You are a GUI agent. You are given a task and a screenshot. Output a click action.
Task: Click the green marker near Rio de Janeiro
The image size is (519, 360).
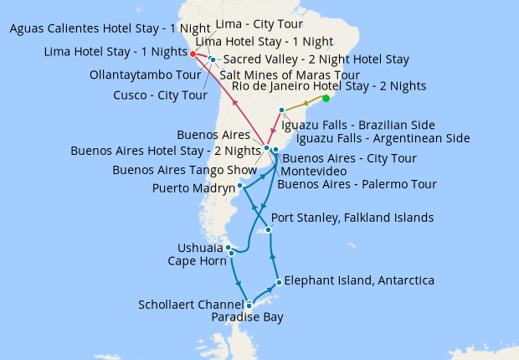(326, 99)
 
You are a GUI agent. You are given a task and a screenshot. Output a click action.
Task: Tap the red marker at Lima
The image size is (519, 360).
(193, 54)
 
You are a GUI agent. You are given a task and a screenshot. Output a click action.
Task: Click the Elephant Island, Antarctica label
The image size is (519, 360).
(359, 280)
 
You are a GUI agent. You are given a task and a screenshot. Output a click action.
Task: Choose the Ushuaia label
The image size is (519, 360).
(200, 248)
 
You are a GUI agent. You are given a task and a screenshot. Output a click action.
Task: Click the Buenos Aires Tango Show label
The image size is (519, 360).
(185, 170)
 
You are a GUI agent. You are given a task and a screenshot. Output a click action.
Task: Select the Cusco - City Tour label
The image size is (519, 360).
(160, 95)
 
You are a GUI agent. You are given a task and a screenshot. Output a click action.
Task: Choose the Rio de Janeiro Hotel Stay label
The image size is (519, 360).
(329, 86)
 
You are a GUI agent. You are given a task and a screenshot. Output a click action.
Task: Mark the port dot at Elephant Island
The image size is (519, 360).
(278, 282)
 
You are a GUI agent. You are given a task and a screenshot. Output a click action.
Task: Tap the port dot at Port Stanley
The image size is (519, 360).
(268, 229)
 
